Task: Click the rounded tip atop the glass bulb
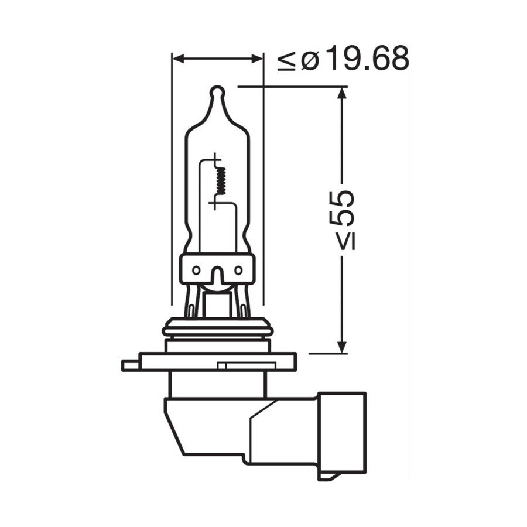(217, 92)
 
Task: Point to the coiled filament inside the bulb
(221, 179)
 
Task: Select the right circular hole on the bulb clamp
(238, 270)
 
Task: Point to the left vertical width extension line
(170, 176)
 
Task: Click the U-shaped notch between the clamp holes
(217, 275)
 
